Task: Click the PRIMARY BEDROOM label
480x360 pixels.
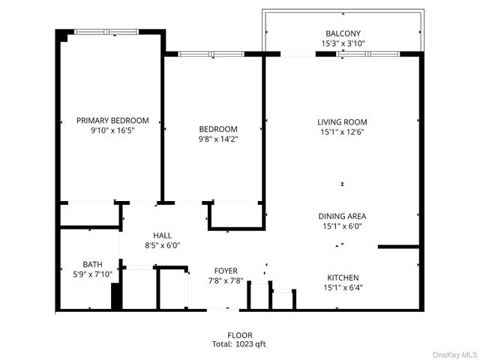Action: [x=112, y=120]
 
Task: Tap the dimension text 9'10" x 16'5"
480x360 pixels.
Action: [x=112, y=130]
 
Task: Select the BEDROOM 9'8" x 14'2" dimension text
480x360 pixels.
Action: [x=218, y=139]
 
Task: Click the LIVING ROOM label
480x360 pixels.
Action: [x=342, y=121]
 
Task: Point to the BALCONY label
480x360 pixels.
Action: [x=343, y=34]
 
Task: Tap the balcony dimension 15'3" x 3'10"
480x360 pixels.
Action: [x=343, y=43]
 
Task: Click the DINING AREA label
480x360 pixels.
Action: [x=343, y=216]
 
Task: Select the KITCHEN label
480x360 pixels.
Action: [x=343, y=277]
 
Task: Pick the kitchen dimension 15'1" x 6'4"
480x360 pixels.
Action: [x=343, y=287]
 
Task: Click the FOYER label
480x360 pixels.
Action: [x=226, y=271]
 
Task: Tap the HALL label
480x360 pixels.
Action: [x=163, y=235]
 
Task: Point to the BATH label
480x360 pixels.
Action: [x=92, y=264]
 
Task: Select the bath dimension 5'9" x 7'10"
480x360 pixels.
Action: [x=92, y=274]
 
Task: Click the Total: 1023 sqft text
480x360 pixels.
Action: [x=239, y=344]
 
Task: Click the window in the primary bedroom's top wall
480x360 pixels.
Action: [x=106, y=31]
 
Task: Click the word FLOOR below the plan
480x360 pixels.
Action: [x=239, y=335]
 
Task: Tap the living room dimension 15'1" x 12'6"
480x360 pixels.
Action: [x=342, y=132]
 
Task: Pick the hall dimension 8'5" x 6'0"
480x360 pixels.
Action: [x=162, y=245]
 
